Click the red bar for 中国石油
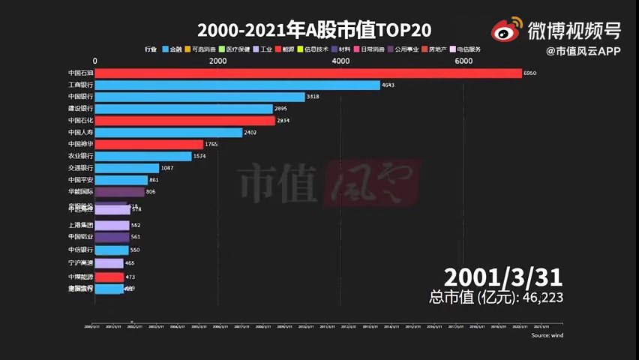[308, 73]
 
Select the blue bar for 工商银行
[238, 85]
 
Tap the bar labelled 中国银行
[199, 97]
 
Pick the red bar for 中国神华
[149, 144]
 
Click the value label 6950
[529, 73]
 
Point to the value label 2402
[251, 133]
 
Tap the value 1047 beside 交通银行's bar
[167, 168]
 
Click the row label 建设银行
[80, 109]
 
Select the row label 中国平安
[80, 180]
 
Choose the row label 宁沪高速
[80, 263]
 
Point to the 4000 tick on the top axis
[340, 61]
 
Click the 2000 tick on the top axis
[217, 61]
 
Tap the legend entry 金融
[172, 49]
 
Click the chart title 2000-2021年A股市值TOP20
[314, 30]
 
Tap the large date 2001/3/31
[502, 277]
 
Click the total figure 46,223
[541, 298]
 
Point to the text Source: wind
[547, 335]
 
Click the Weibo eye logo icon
[507, 31]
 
